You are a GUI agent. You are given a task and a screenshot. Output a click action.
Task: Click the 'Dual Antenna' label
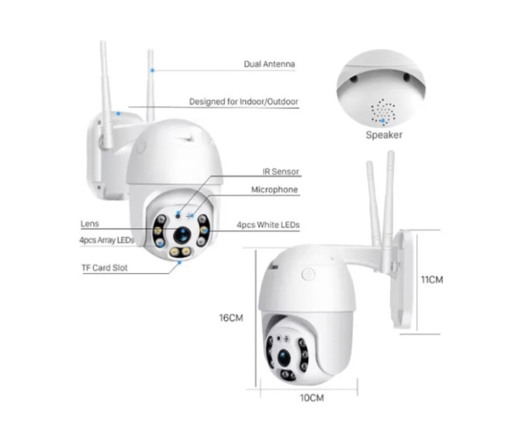point(270,64)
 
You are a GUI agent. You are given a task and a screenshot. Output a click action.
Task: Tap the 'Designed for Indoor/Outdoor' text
point(248,102)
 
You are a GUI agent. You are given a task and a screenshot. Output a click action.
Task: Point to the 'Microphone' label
point(274,190)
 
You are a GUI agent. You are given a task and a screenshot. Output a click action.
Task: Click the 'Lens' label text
point(90,224)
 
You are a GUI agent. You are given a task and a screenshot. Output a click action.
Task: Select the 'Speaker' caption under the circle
point(384,135)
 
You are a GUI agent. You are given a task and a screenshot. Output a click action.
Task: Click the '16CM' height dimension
point(230,317)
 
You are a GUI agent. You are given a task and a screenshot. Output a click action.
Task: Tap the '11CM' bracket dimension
point(432,280)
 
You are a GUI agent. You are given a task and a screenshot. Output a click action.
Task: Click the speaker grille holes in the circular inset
point(383,109)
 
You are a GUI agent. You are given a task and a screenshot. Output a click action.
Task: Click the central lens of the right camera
point(285,355)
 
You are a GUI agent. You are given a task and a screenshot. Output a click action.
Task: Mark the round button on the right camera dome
point(308,273)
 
